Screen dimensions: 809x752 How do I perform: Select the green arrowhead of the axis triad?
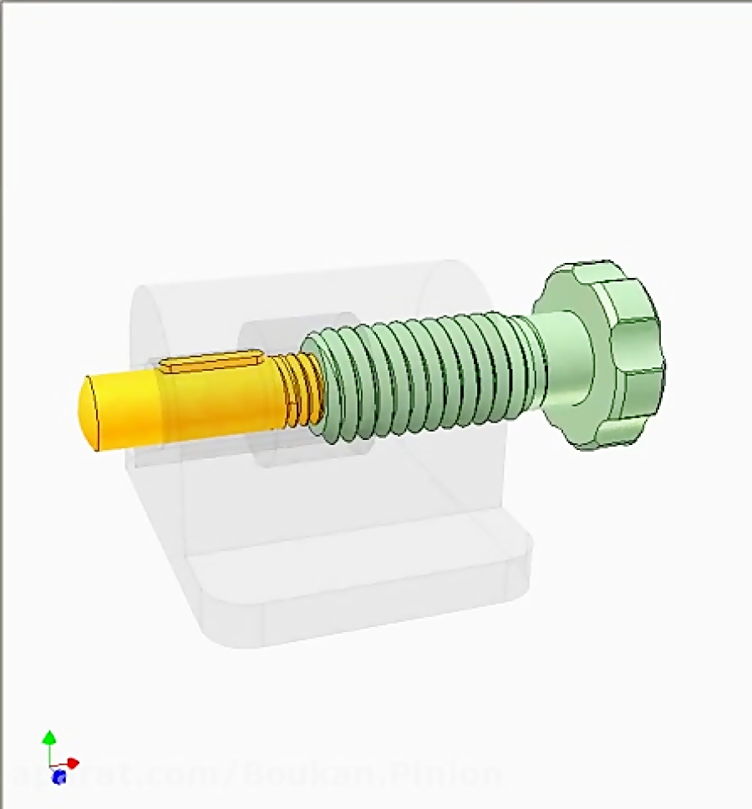pyautogui.click(x=49, y=736)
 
